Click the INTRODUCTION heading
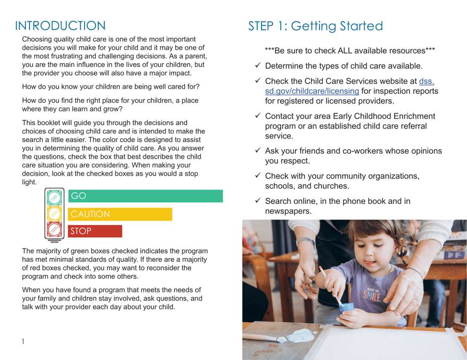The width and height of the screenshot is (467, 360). click(x=60, y=26)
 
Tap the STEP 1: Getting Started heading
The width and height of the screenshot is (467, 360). click(x=315, y=26)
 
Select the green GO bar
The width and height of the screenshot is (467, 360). click(x=145, y=196)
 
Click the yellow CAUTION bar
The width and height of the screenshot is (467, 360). click(x=120, y=214)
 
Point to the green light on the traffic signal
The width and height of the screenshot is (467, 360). click(x=54, y=197)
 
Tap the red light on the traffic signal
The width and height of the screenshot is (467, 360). click(x=54, y=230)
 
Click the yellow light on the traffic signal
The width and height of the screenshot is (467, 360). click(x=54, y=213)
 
